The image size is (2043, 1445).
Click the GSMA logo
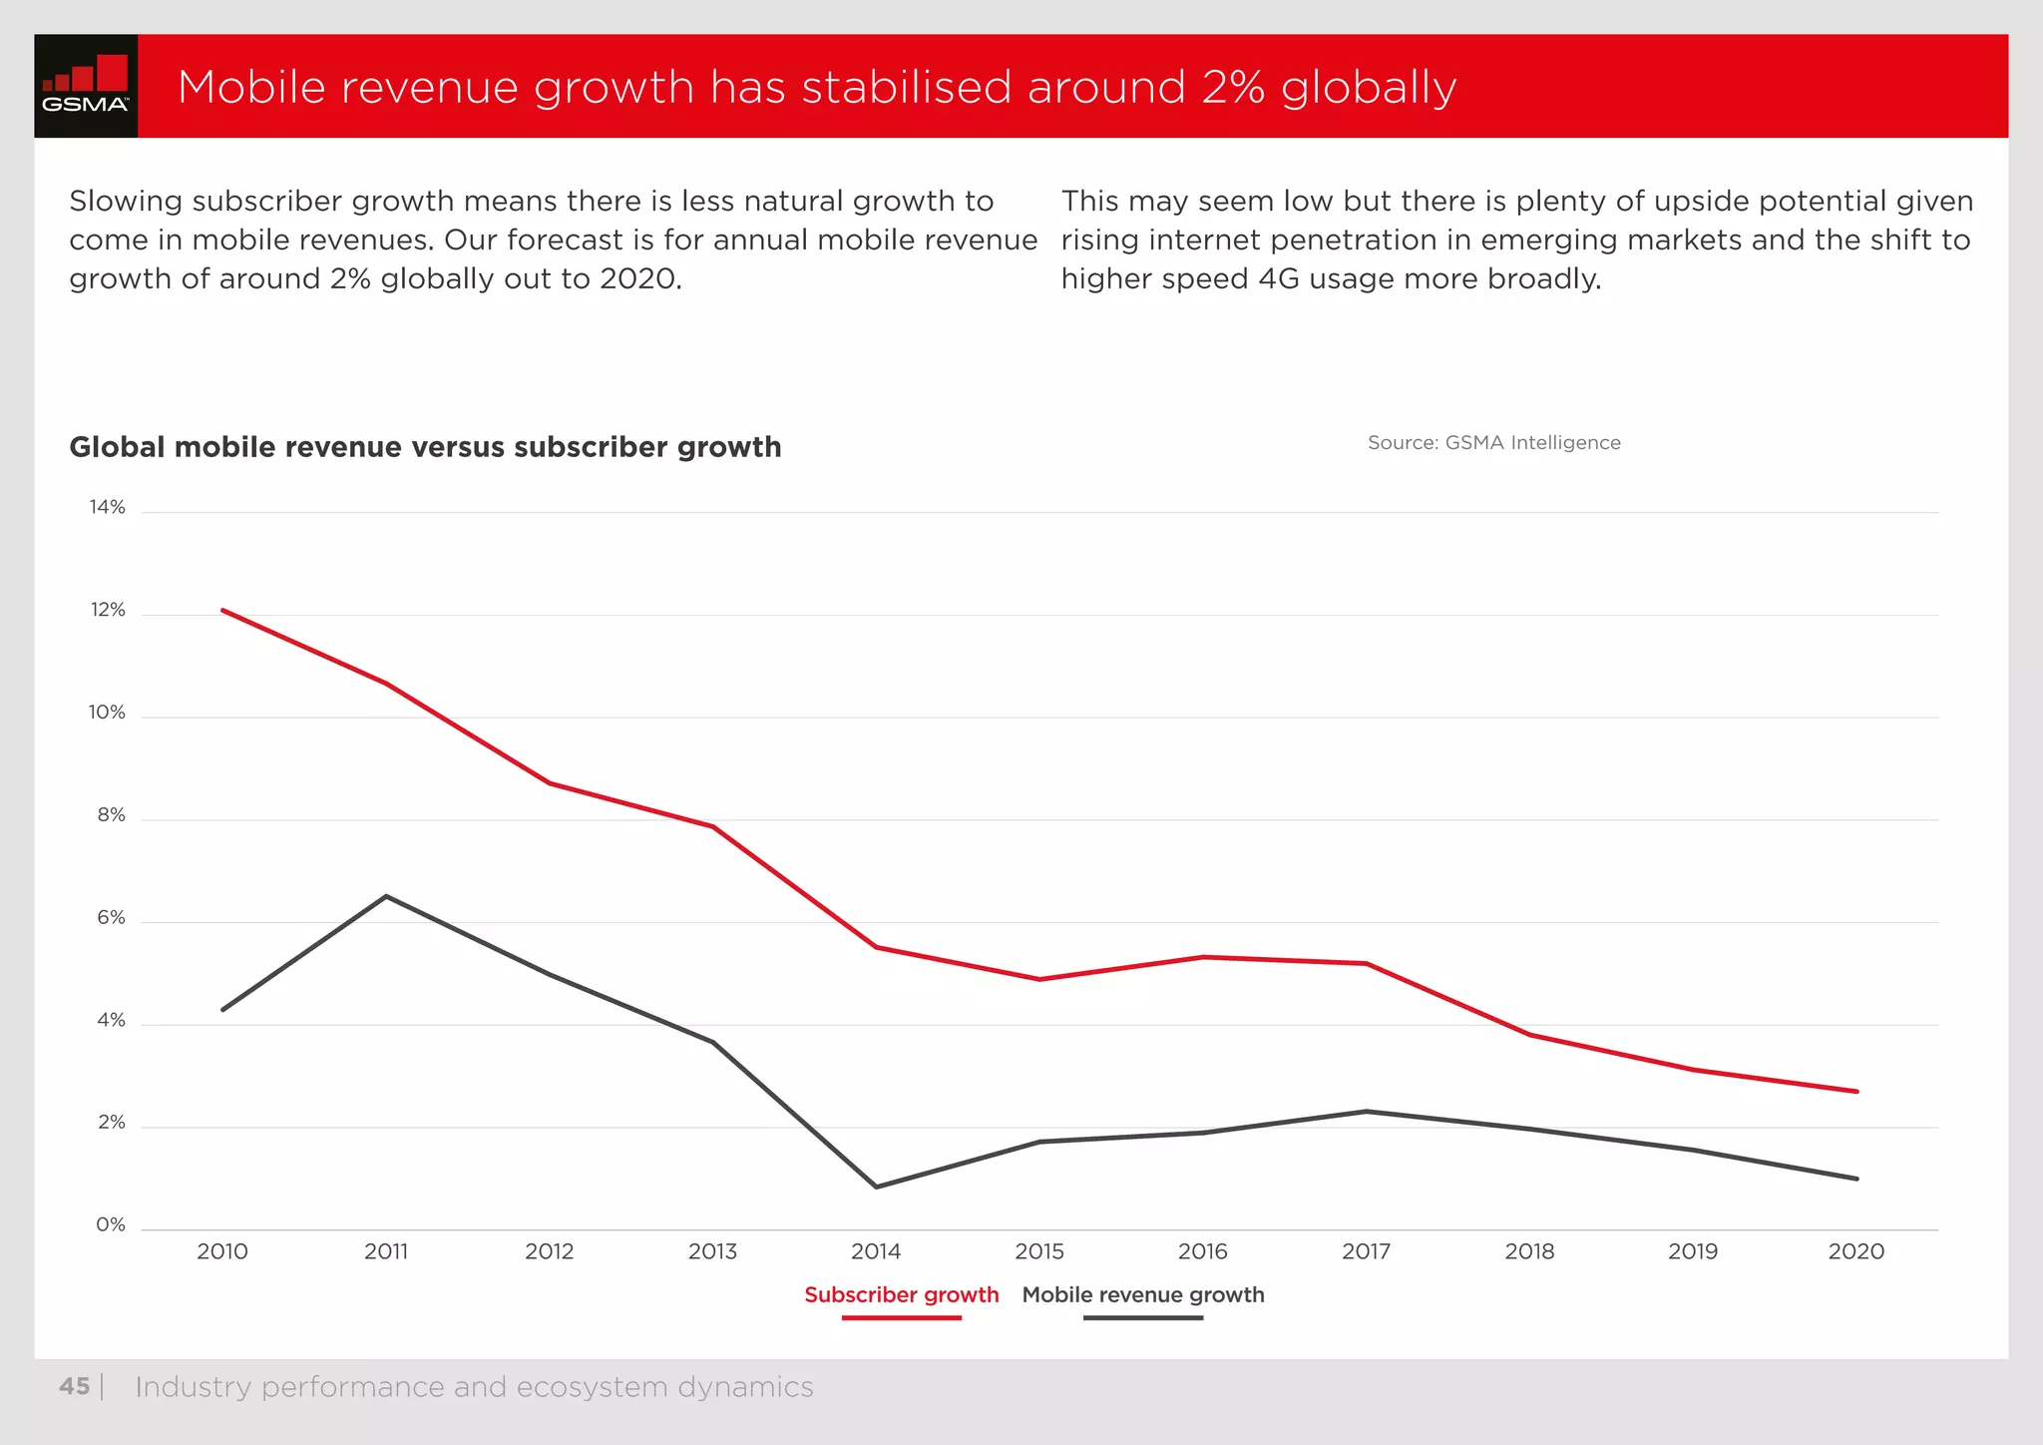pyautogui.click(x=86, y=86)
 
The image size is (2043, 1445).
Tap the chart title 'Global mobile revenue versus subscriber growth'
pyautogui.click(x=425, y=447)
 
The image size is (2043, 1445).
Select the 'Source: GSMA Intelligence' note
pyautogui.click(x=1493, y=442)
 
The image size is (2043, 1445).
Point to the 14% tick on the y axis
pyautogui.click(x=108, y=507)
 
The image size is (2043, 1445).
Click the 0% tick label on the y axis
pyautogui.click(x=111, y=1224)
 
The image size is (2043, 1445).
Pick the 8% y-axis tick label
pyautogui.click(x=111, y=815)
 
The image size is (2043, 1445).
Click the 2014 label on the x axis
pyautogui.click(x=876, y=1251)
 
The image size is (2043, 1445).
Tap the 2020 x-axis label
pyautogui.click(x=1855, y=1251)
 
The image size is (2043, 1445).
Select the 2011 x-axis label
pyautogui.click(x=386, y=1251)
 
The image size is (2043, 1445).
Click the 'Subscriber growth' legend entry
pyautogui.click(x=901, y=1295)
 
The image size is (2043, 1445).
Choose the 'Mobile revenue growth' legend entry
pyautogui.click(x=1143, y=1295)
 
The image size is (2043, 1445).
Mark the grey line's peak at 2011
pyautogui.click(x=386, y=896)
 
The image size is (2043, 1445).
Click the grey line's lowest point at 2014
pyautogui.click(x=876, y=1187)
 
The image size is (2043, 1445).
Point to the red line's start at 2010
pyautogui.click(x=222, y=610)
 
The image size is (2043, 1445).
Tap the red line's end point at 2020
pyautogui.click(x=1856, y=1092)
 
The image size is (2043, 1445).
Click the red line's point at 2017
pyautogui.click(x=1366, y=963)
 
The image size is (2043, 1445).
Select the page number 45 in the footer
pyautogui.click(x=74, y=1387)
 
